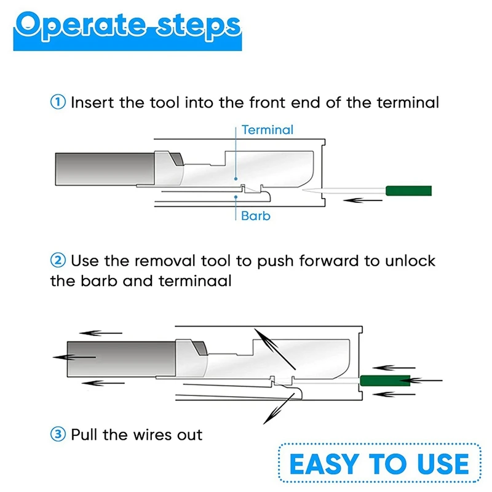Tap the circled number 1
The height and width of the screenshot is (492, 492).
click(58, 102)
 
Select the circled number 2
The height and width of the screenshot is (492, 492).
click(58, 260)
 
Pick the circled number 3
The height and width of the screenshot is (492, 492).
click(58, 435)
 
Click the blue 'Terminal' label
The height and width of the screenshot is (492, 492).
click(268, 130)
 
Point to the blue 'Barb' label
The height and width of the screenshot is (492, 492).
click(256, 216)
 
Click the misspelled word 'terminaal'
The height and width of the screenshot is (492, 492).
click(195, 281)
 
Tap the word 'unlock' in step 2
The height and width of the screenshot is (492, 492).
click(410, 261)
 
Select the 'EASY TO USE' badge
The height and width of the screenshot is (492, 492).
click(379, 464)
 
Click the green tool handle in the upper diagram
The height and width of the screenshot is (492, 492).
click(408, 191)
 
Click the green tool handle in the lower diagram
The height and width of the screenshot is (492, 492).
click(385, 381)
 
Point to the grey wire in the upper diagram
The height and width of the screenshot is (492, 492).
click(105, 169)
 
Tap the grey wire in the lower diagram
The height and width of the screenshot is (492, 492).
click(121, 359)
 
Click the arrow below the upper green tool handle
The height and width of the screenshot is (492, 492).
click(363, 200)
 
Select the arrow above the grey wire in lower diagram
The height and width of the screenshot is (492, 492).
click(101, 333)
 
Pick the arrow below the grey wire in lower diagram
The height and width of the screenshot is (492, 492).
click(103, 383)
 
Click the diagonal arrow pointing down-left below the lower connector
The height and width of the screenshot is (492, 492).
click(279, 409)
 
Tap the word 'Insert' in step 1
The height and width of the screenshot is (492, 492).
click(92, 102)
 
